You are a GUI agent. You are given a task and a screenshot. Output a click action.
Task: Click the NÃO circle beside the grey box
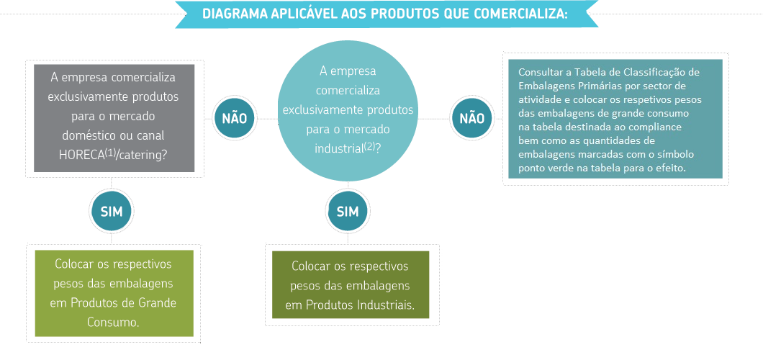click(234, 118)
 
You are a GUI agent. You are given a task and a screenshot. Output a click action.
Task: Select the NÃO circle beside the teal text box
click(472, 118)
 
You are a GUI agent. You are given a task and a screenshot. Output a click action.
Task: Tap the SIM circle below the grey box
click(112, 211)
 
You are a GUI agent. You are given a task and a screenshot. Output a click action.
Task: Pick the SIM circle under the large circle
click(348, 211)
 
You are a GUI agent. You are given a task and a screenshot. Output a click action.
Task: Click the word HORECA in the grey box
click(82, 154)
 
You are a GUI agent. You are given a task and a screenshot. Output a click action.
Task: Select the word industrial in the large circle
click(337, 148)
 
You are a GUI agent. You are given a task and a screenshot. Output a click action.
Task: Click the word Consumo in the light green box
click(113, 322)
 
